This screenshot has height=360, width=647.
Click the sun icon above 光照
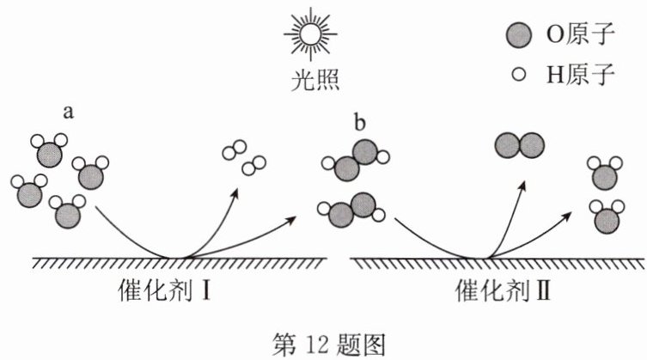coord(310,34)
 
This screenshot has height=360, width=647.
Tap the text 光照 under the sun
coord(314,80)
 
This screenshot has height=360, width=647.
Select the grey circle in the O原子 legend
coord(519,34)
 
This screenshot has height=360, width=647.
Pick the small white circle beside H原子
coord(519,74)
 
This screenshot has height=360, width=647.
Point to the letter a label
coord(68,112)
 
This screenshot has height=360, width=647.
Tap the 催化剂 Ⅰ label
coord(165,290)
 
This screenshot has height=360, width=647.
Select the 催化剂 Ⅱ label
coord(503,290)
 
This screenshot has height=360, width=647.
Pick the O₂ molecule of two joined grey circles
coord(520,145)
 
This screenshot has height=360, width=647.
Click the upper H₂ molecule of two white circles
coord(235,149)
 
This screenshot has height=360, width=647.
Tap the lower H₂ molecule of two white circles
coord(253,166)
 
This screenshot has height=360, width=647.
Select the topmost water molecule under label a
coord(50,149)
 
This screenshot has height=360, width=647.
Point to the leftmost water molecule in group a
coord(29,191)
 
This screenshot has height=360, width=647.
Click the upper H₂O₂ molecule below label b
coord(356,160)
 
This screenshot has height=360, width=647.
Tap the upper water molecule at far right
coord(605,173)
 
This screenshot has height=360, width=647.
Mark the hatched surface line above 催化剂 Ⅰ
coord(180,263)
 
